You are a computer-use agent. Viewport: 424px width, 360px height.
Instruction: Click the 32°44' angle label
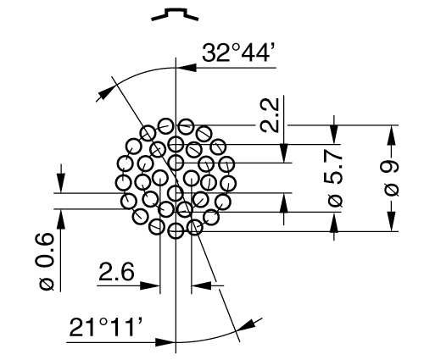[x=238, y=53]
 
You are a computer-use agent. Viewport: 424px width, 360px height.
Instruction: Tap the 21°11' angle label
[x=107, y=327]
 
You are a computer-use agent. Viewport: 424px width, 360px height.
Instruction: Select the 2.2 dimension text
[x=270, y=115]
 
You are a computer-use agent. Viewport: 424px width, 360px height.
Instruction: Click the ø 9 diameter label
[x=392, y=179]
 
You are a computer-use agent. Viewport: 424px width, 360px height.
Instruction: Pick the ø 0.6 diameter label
[x=45, y=261]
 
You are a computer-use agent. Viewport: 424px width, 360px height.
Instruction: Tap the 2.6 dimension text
[x=116, y=272]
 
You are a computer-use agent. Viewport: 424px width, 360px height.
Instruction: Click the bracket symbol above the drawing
[x=175, y=14]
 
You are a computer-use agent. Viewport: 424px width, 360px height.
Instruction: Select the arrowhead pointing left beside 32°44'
[x=187, y=68]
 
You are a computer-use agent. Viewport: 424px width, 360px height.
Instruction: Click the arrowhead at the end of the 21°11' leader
[x=165, y=342]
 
